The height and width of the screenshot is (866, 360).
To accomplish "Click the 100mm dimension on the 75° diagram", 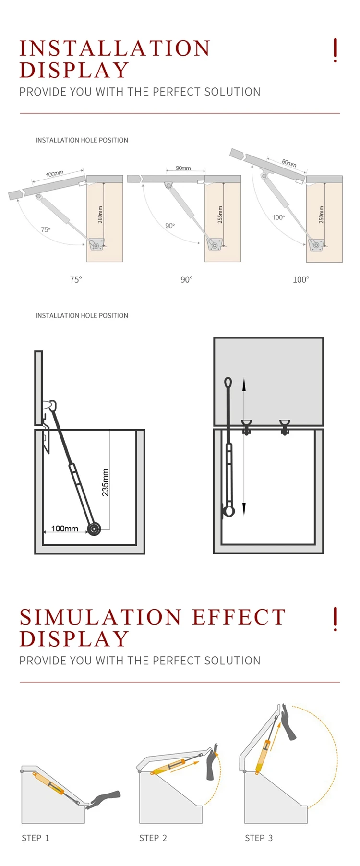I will (x=55, y=173).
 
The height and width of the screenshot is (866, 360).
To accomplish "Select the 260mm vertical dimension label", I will (x=100, y=214).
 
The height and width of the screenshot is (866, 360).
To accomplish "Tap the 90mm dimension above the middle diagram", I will (x=183, y=168).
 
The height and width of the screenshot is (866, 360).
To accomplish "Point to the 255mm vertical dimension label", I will (x=220, y=214).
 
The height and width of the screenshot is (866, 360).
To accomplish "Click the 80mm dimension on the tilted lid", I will (x=289, y=163).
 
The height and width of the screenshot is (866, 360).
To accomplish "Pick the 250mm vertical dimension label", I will (x=321, y=214).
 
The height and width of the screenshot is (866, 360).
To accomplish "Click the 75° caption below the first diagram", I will (x=76, y=279).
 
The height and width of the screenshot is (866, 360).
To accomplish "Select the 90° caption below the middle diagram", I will (x=186, y=279).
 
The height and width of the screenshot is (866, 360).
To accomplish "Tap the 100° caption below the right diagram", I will (x=301, y=279).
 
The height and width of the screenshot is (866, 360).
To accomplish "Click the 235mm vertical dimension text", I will (x=106, y=482).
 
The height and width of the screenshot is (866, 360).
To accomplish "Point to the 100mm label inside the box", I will (x=65, y=529).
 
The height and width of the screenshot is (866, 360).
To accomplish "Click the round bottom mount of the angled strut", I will (x=94, y=529).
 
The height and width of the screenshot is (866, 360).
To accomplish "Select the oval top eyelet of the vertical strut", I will (x=228, y=383).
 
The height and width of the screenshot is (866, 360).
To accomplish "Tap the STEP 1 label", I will (x=36, y=838).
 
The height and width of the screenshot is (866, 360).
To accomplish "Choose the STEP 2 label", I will (x=153, y=838).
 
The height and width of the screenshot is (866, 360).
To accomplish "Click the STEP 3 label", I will (x=259, y=838).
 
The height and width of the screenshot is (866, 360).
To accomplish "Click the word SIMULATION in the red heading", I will (x=101, y=617).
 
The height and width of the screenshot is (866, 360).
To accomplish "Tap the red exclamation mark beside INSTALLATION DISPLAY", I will (x=335, y=50).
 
